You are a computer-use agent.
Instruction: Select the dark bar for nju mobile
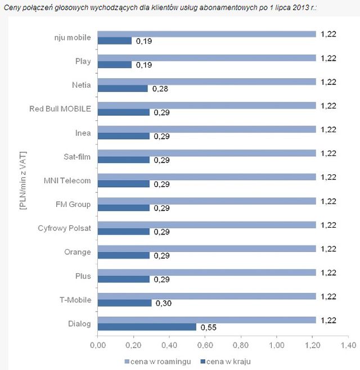pyautogui.click(x=114, y=40)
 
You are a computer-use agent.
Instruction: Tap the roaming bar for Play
pyautogui.click(x=206, y=57)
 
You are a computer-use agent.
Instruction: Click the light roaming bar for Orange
pyautogui.click(x=206, y=248)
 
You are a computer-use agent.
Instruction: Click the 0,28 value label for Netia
pyautogui.click(x=160, y=88)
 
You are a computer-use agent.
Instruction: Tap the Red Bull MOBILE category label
pyautogui.click(x=60, y=109)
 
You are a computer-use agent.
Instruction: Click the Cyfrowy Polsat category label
pyautogui.click(x=64, y=228)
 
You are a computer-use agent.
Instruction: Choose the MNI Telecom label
pyautogui.click(x=67, y=180)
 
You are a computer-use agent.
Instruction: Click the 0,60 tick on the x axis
pyautogui.click(x=205, y=344)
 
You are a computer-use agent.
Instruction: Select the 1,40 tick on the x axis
pyautogui.click(x=348, y=344)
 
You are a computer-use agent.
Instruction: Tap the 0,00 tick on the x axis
pyautogui.click(x=97, y=344)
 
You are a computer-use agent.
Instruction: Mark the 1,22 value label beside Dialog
pyautogui.click(x=328, y=319)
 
